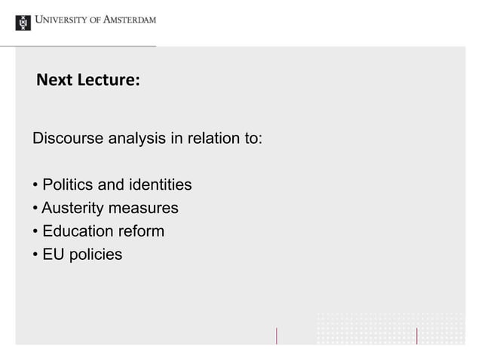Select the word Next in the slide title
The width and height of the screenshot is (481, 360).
tap(54, 80)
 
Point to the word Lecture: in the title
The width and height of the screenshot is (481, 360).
tap(108, 80)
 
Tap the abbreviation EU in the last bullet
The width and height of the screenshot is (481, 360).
tap(53, 255)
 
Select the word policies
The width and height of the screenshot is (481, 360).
tap(94, 255)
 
